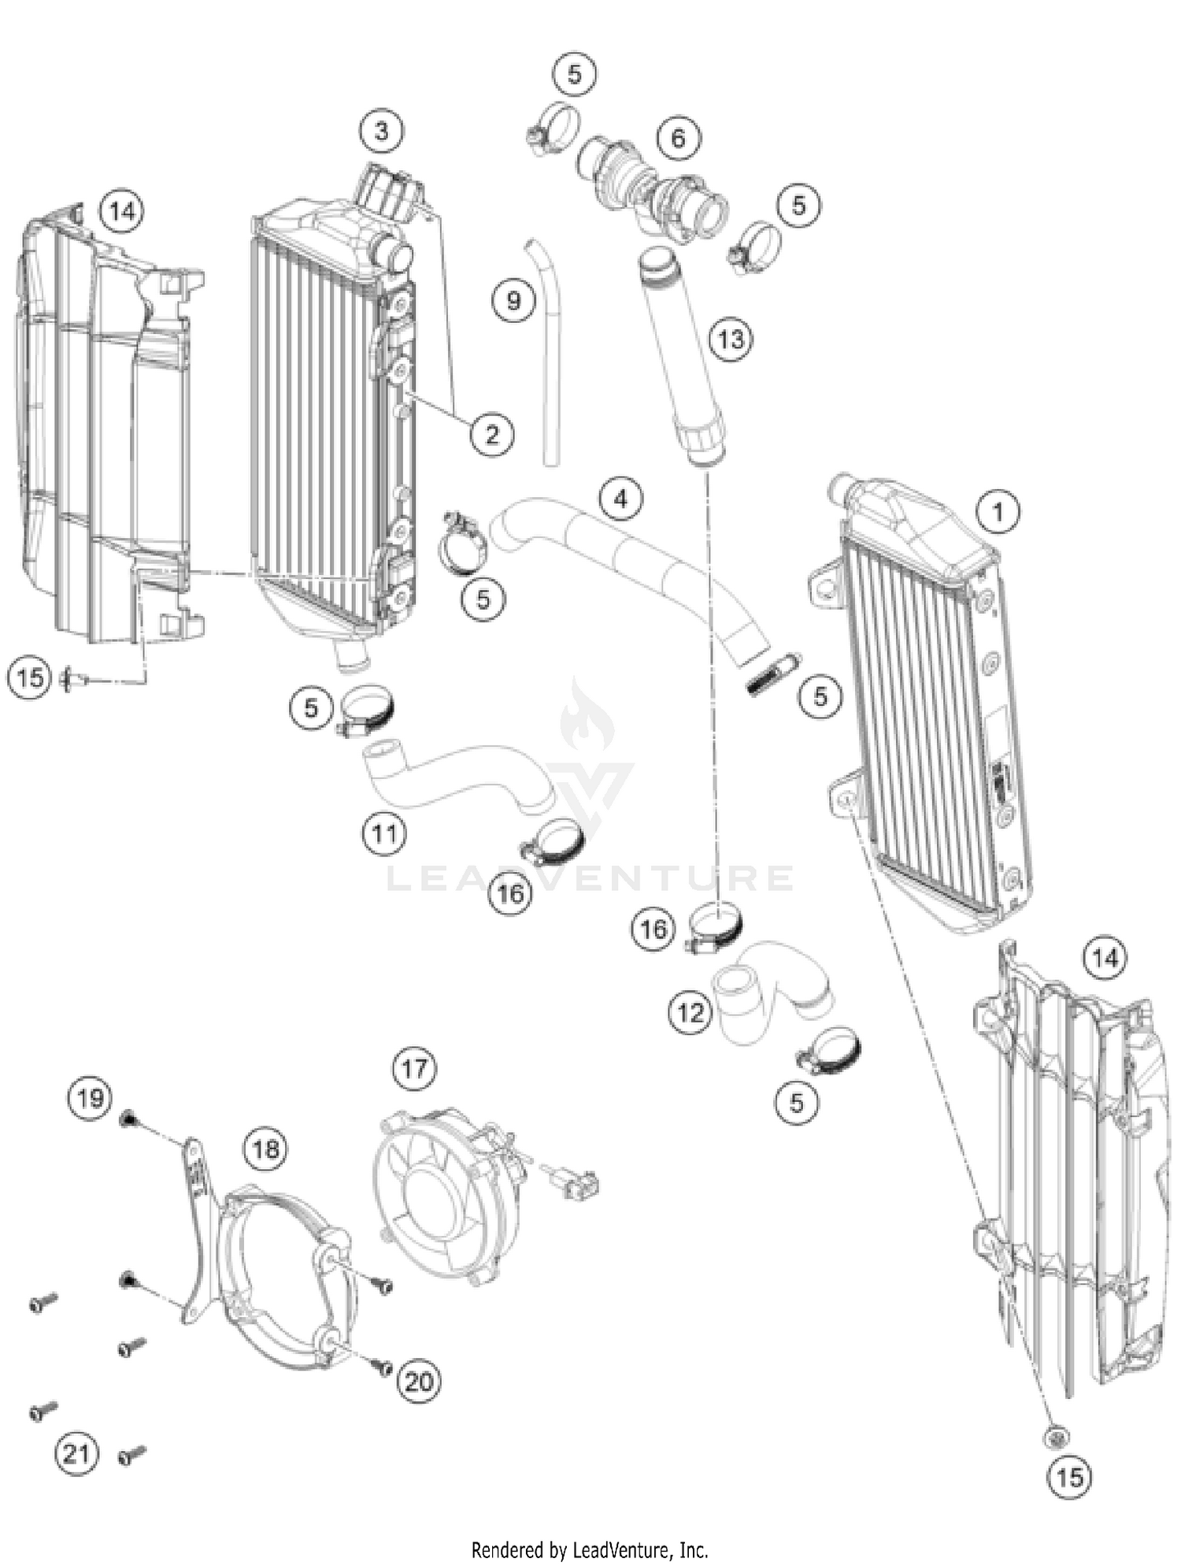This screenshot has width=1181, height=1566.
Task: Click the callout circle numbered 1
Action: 998,512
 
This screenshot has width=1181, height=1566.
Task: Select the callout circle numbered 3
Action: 382,131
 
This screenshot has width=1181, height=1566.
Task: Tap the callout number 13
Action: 731,340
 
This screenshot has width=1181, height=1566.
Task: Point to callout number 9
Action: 513,300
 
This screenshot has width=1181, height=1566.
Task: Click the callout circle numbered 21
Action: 76,1453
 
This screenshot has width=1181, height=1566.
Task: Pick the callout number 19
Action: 90,1097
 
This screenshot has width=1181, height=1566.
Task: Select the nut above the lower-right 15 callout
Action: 1056,1437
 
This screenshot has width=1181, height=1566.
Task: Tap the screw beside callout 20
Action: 383,1368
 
